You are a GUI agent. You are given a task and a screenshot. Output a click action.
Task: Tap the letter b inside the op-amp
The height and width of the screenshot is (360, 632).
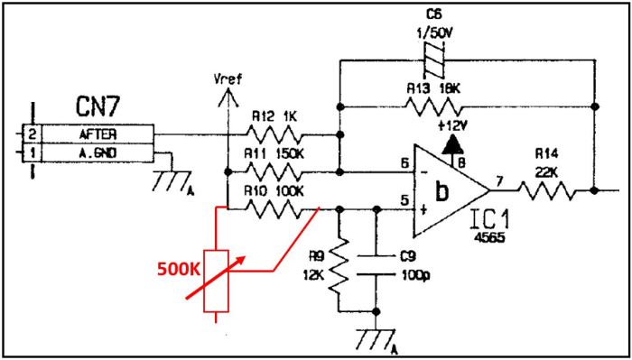pyautogui.click(x=441, y=192)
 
